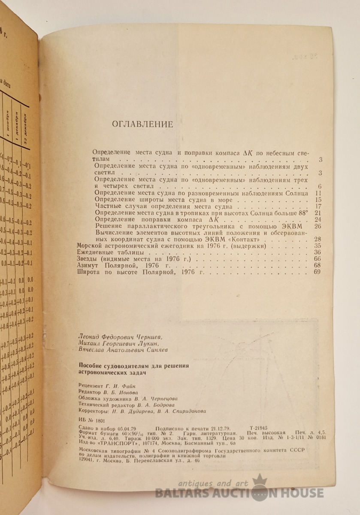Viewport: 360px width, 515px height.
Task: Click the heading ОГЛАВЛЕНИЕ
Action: tap(142, 125)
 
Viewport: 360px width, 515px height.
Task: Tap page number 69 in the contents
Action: tap(317, 272)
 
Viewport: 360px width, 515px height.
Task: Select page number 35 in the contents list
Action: tap(318, 246)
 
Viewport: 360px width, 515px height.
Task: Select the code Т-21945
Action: tap(259, 428)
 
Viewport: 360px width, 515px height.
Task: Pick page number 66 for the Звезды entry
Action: tap(318, 259)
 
